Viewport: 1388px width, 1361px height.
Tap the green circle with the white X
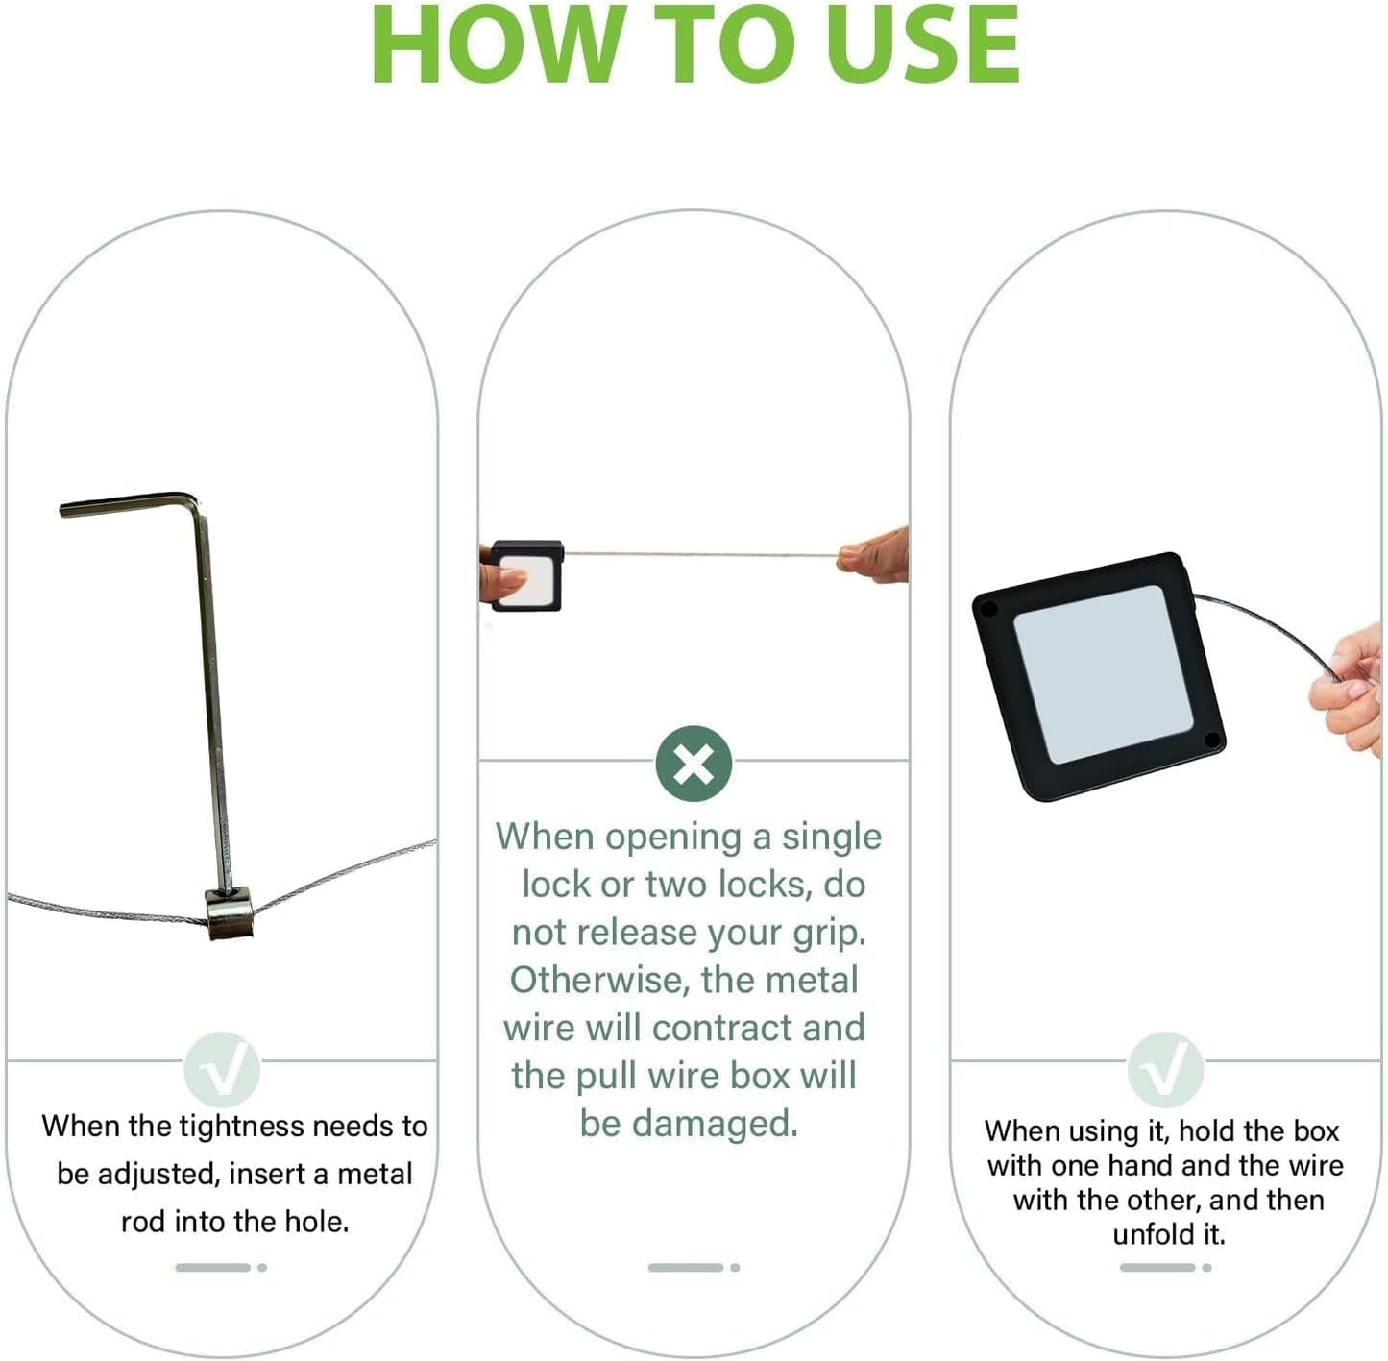point(693,764)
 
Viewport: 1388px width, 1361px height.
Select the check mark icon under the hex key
point(222,1069)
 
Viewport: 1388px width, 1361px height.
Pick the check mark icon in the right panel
point(1165,1069)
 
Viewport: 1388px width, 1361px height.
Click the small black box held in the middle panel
point(526,575)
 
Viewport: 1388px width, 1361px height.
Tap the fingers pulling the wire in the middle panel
point(873,555)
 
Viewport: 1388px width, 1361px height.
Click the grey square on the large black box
point(1103,674)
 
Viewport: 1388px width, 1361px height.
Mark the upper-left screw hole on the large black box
point(989,609)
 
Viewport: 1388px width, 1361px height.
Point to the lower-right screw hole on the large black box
point(1211,740)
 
